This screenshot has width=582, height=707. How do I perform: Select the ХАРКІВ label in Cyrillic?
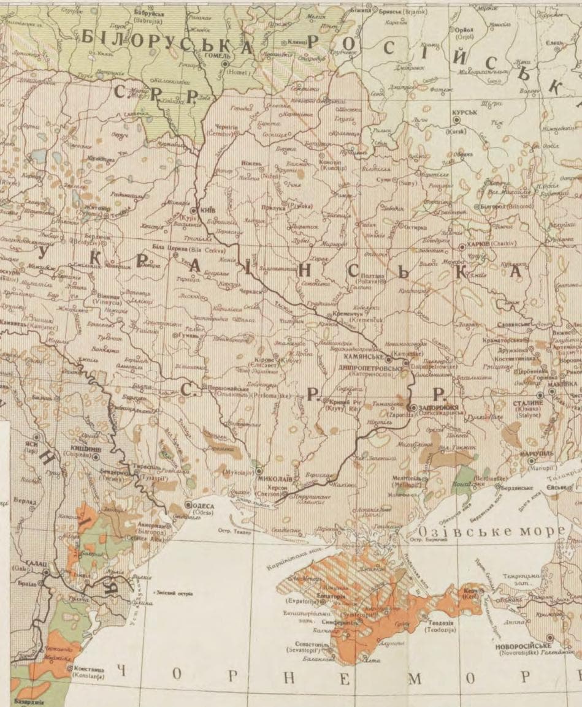point(480,244)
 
